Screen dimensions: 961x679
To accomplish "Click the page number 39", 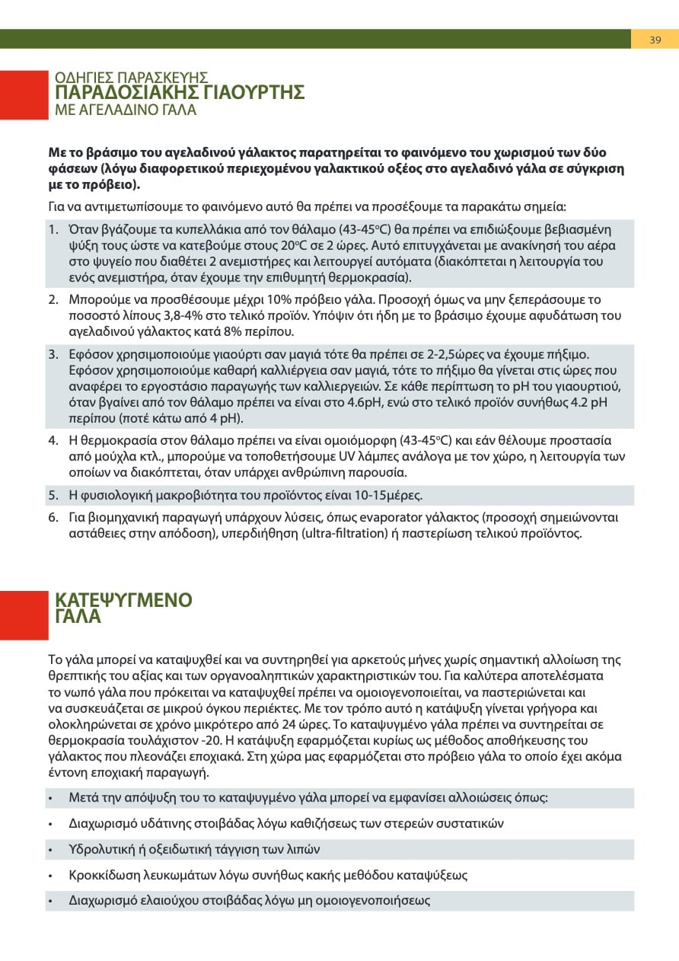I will pos(655,40).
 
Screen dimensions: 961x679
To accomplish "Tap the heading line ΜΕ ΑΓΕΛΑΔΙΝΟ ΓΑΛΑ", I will pos(126,110).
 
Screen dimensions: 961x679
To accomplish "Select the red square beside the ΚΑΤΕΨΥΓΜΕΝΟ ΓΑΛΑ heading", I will pos(24,615).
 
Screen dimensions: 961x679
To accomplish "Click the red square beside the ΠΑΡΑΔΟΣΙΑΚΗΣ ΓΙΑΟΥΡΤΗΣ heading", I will pos(24,95).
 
